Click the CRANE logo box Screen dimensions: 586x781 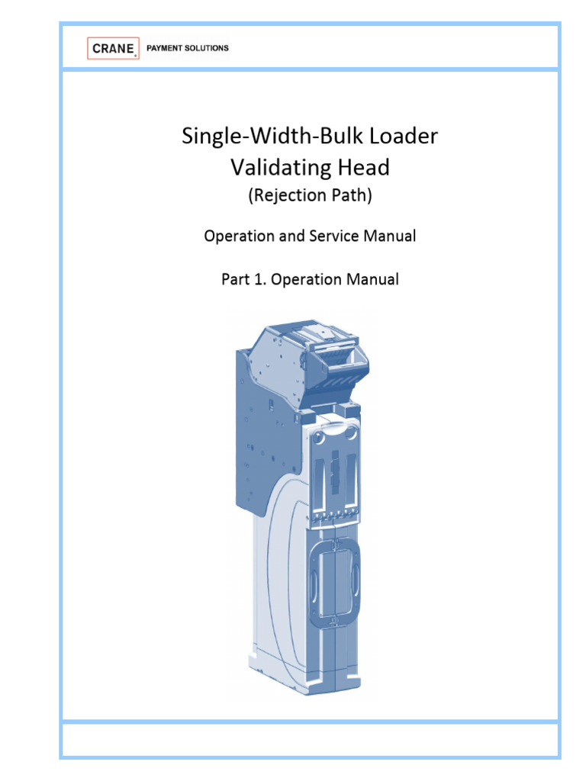(113, 48)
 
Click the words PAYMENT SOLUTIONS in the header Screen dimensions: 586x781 (192, 48)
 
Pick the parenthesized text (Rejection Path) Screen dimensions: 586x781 (310, 196)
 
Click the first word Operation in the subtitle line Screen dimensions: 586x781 (237, 236)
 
